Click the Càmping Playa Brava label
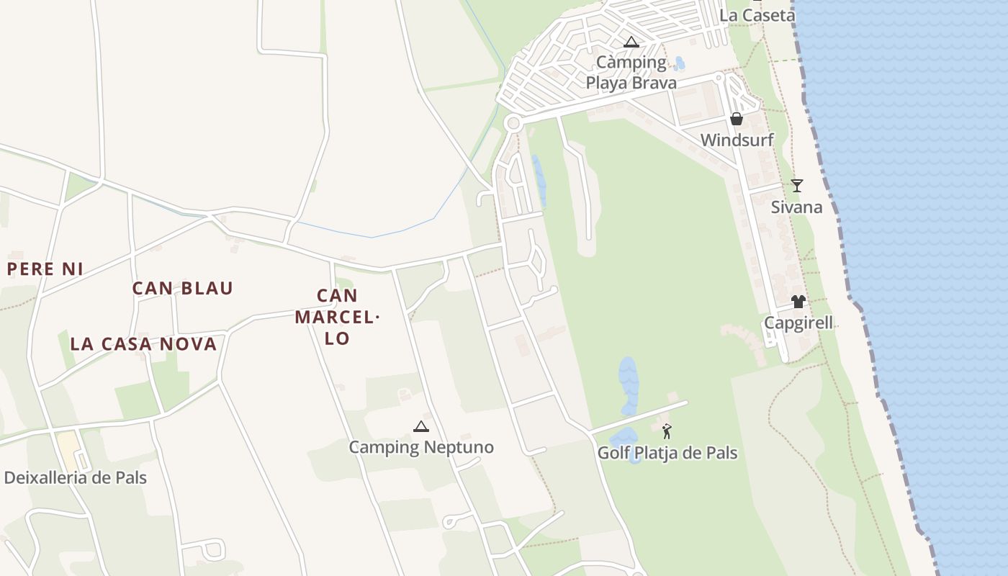click(x=631, y=73)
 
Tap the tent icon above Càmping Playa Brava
click(x=631, y=42)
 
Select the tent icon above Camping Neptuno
click(x=421, y=426)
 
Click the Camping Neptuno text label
click(x=421, y=447)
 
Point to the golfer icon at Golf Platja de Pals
click(x=667, y=432)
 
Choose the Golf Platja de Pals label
click(x=667, y=453)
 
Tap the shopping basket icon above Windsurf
click(x=737, y=119)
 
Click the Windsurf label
click(x=737, y=140)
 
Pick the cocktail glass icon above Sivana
click(x=796, y=186)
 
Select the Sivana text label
click(x=796, y=207)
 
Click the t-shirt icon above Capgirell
click(x=798, y=302)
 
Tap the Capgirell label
click(x=798, y=323)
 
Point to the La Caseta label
click(x=757, y=15)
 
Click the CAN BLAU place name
click(x=183, y=289)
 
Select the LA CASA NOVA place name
click(x=143, y=344)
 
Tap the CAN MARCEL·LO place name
click(x=337, y=317)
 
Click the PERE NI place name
click(x=45, y=269)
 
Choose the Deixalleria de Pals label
click(x=76, y=477)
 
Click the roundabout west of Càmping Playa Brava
click(x=513, y=124)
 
